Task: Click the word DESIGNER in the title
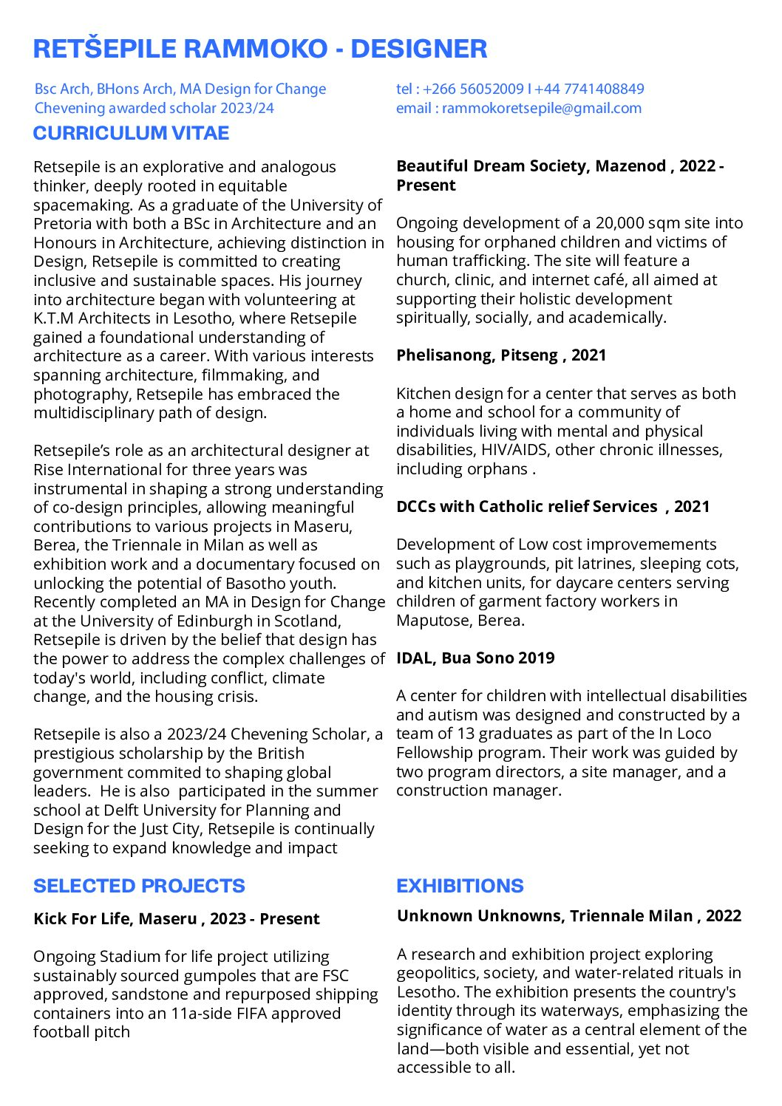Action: coord(418,49)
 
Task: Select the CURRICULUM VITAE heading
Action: coord(131,133)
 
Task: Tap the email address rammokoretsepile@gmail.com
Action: coord(541,108)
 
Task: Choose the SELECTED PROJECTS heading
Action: coord(139,886)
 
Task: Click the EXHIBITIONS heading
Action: coord(460,886)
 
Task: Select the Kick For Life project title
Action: coord(176,919)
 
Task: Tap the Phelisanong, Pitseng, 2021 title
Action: coord(500,355)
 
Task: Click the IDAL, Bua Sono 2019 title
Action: coord(475,658)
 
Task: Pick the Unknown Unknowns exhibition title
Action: coord(568,916)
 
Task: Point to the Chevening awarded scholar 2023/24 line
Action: coord(154,108)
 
